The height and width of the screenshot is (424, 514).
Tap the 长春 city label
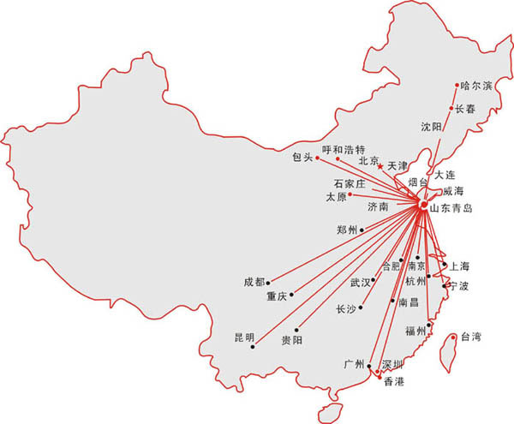(464, 109)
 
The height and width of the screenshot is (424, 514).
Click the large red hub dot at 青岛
(424, 204)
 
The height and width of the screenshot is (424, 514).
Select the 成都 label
(254, 281)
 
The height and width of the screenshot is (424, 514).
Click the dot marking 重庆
(293, 291)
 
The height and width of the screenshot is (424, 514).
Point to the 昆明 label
(244, 337)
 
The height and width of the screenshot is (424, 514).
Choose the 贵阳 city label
(291, 340)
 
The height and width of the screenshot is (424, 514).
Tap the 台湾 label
(471, 337)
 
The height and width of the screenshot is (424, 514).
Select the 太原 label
(336, 197)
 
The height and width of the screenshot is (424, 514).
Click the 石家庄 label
(350, 183)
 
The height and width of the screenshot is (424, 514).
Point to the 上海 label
(459, 266)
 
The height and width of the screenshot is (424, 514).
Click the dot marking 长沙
(362, 307)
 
